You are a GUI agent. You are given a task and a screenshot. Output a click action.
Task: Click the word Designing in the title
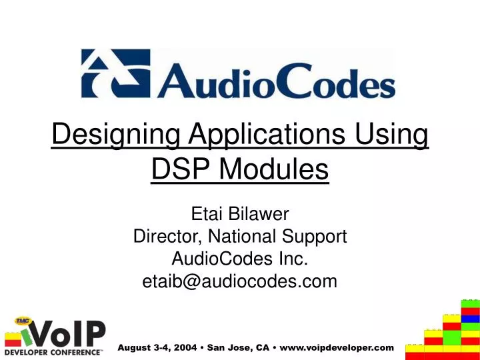point(116,136)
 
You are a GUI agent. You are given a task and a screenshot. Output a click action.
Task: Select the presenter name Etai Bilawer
point(240,214)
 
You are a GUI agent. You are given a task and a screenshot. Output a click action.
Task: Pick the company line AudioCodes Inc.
point(240,259)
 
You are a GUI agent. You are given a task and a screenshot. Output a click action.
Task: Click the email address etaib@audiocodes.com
point(240,281)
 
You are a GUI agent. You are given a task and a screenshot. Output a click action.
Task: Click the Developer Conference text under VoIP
point(54,351)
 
